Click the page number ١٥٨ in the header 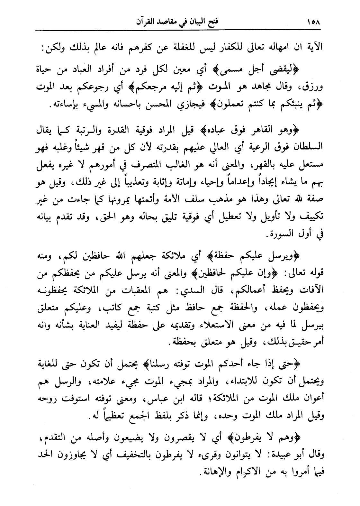[x=314, y=23]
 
